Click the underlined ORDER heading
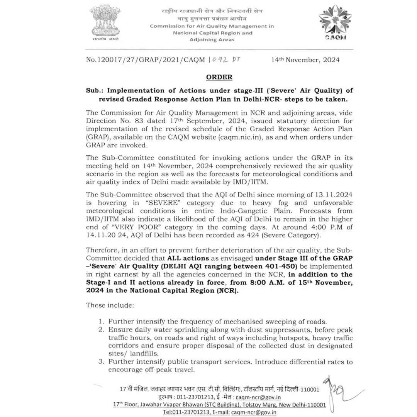219,77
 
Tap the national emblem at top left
105,22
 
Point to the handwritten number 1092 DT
224,60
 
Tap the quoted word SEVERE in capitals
159,203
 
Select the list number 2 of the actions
101,330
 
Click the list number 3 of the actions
101,362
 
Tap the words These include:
110,305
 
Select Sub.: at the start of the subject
95,90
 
